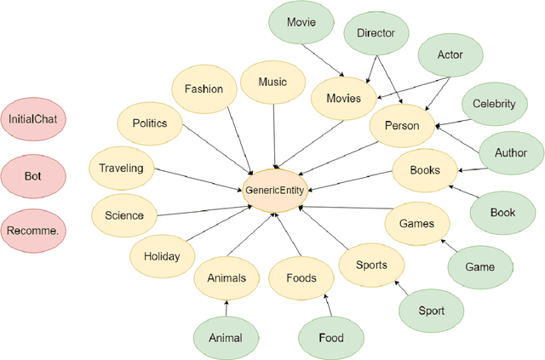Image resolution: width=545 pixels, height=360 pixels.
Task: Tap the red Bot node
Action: (32, 175)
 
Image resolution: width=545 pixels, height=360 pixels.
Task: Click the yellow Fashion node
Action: (204, 89)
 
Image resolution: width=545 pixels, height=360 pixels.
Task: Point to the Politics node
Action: (150, 123)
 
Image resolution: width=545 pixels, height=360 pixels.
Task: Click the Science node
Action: (124, 215)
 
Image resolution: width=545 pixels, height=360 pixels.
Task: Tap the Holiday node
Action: (162, 255)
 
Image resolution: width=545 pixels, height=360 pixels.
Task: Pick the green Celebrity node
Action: (494, 104)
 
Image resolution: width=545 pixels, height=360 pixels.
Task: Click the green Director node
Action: (376, 33)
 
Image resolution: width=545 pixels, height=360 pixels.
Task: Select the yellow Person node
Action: (402, 126)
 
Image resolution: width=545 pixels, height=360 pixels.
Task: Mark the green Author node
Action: (510, 153)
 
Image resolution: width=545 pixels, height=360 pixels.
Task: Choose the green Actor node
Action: (450, 54)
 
